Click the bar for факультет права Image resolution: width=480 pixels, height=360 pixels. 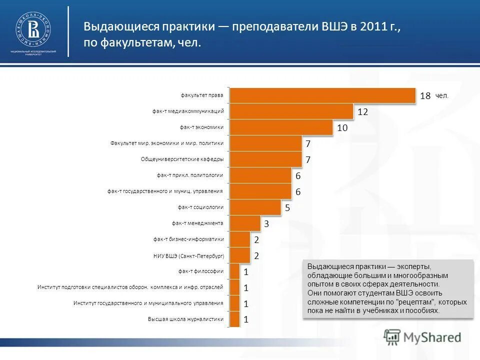322,95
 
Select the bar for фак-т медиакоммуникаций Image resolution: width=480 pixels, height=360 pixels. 291,111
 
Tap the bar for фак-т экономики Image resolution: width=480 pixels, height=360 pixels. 281,127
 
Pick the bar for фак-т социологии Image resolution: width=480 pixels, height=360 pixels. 255,207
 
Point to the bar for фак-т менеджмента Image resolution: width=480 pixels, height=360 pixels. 245,223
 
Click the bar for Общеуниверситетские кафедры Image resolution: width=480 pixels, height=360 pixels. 265,159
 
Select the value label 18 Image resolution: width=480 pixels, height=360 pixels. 425,96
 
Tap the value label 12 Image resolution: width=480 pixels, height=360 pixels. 362,112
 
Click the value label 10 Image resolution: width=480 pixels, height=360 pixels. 342,128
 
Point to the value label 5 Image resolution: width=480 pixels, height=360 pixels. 287,207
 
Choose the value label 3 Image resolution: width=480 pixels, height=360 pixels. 266,224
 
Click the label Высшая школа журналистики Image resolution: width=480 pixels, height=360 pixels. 185,319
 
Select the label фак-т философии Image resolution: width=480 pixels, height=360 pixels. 200,271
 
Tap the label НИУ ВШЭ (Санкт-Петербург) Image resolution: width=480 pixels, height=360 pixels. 188,255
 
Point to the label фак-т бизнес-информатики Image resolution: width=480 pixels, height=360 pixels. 188,239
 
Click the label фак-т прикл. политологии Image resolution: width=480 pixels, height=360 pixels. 189,175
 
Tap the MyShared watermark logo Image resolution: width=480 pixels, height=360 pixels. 422,337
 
